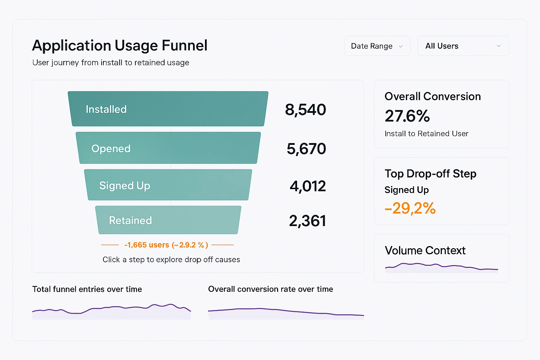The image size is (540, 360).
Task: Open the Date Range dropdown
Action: coord(377,46)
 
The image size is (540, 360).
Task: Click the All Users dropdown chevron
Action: coord(499,46)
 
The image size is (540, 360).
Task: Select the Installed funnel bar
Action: coord(168,109)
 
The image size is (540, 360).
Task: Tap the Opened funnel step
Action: coord(168,148)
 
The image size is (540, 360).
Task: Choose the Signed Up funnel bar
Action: coord(168,185)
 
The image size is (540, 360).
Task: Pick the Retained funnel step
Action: coord(168,220)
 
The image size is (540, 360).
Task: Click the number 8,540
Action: coord(306,110)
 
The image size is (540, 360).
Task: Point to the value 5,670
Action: coord(306,149)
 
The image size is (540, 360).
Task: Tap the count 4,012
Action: coord(308,186)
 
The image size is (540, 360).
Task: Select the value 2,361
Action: coord(307,221)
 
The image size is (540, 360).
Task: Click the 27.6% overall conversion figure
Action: coord(407,116)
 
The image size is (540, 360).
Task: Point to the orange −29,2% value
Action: coord(410,208)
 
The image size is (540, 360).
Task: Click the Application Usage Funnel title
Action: coord(120,46)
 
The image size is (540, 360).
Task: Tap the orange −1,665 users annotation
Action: coord(166,245)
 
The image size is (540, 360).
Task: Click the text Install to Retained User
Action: coord(426,134)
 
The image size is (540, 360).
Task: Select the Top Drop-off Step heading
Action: coord(430,174)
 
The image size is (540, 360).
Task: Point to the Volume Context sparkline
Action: coord(442,268)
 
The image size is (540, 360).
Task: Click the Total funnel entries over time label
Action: coord(87,289)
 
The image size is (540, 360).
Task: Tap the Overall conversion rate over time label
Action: coord(270,289)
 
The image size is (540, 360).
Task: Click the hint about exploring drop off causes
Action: coord(171,259)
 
